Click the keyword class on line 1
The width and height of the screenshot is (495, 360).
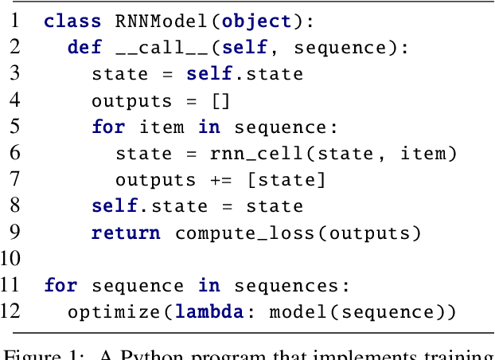72,22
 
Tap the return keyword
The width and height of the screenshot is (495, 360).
126,233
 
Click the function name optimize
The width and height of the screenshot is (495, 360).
111,311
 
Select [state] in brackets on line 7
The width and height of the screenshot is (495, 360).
286,180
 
